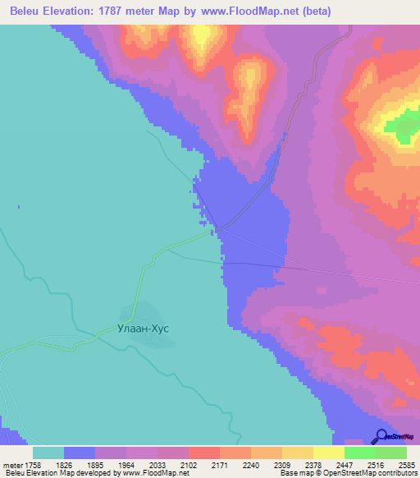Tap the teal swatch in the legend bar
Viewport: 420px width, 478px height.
[x=48, y=453]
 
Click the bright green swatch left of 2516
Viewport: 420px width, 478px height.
[x=360, y=453]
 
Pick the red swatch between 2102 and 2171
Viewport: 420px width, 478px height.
[x=203, y=453]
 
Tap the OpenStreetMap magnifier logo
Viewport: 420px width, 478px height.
[x=381, y=436]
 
